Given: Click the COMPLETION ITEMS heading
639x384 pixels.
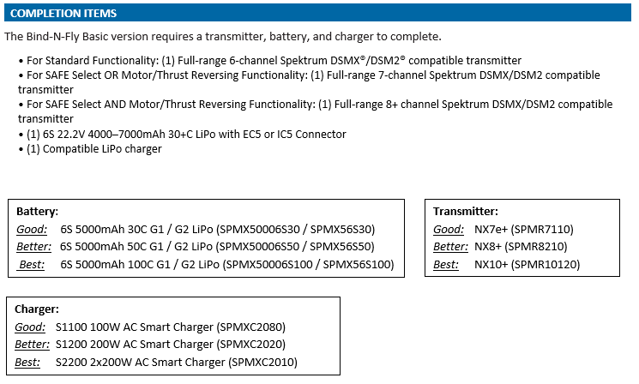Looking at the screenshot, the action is (63, 14).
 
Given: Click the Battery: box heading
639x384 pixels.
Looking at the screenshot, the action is (37, 212).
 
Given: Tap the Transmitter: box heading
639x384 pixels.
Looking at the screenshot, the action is (466, 212).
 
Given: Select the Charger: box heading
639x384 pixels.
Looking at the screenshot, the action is (37, 309).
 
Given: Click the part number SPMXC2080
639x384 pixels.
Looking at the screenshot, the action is (250, 327).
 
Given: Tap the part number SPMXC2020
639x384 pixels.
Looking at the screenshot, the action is (250, 344).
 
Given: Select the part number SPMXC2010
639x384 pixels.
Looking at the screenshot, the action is (262, 362).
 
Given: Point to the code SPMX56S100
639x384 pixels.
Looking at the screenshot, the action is (357, 264).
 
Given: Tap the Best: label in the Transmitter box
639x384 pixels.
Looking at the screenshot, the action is (446, 264).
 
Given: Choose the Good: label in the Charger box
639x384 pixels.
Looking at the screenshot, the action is (30, 327).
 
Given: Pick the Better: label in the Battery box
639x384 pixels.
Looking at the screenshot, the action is (33, 246).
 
